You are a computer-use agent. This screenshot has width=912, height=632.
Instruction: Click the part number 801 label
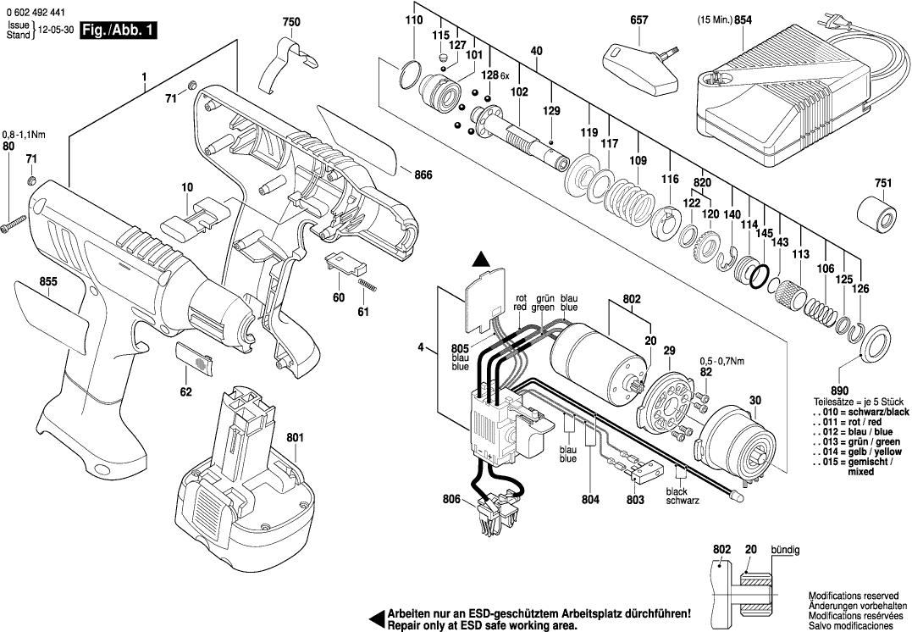pyautogui.click(x=295, y=438)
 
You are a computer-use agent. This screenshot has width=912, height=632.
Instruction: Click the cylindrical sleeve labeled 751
pyautogui.click(x=876, y=214)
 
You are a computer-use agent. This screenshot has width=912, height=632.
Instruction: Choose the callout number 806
pyautogui.click(x=451, y=501)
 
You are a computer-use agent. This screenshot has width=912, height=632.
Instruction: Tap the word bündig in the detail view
pyautogui.click(x=784, y=550)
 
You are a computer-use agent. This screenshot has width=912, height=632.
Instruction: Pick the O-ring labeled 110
pyautogui.click(x=410, y=75)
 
